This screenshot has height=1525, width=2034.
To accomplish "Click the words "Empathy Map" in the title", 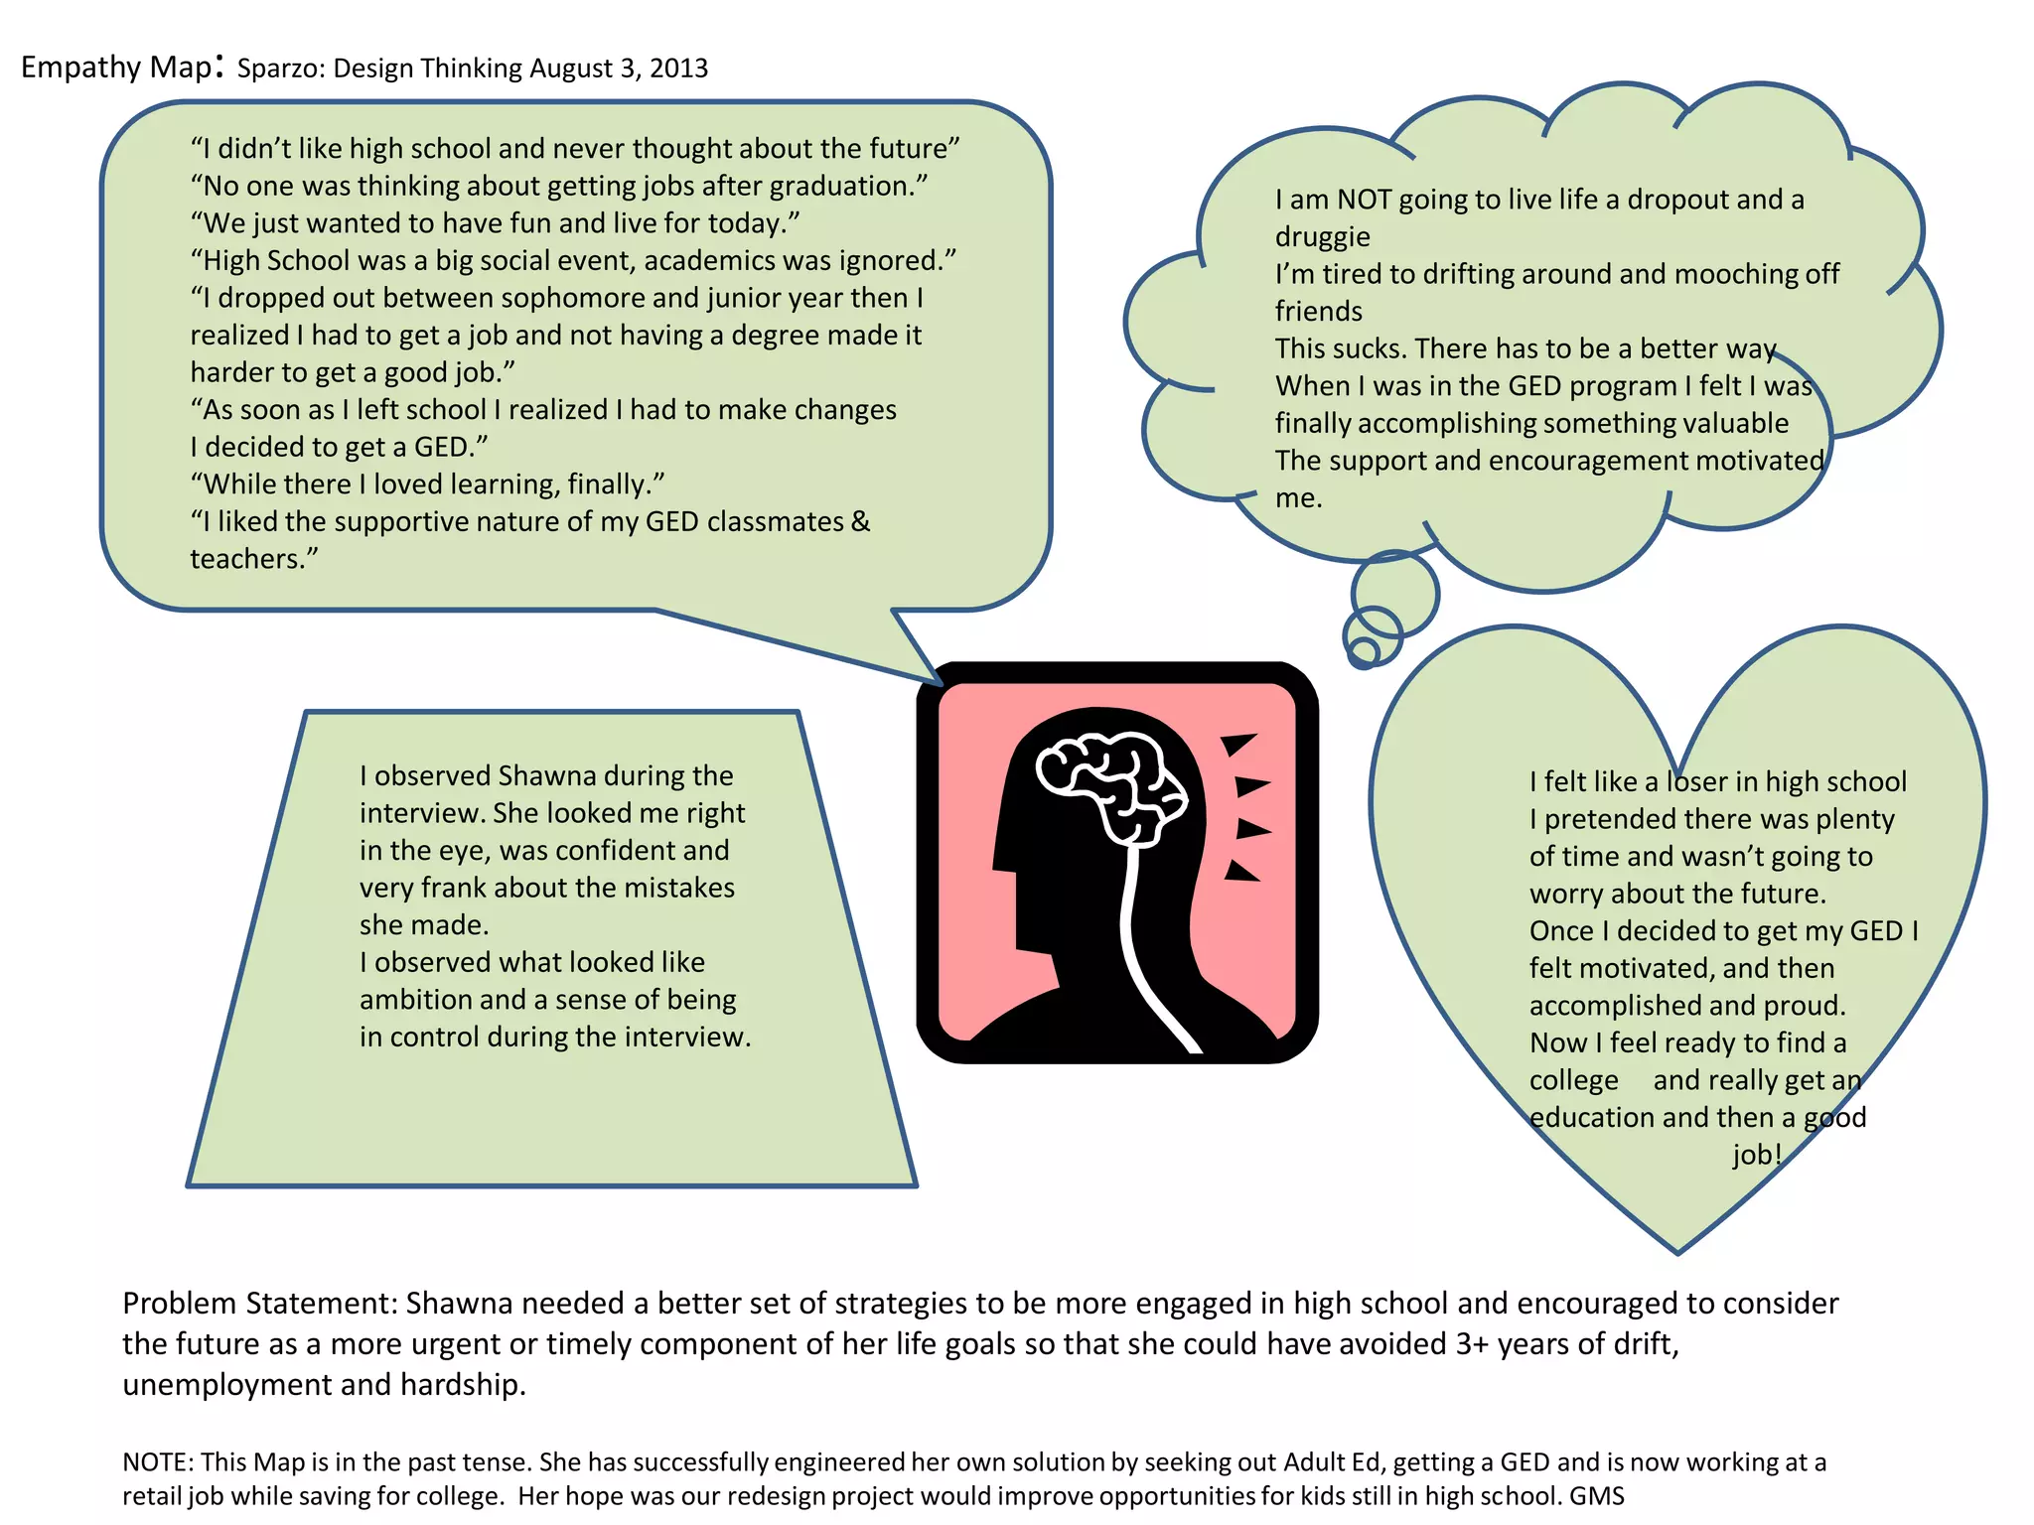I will pos(115,68).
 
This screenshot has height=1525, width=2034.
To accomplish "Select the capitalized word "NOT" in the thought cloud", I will pos(1364,200).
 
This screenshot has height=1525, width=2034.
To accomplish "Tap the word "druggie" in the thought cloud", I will pos(1322,237).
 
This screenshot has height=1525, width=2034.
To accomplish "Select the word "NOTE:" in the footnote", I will pos(158,1462).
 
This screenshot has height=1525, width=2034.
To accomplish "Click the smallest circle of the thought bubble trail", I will pos(1365,651).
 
